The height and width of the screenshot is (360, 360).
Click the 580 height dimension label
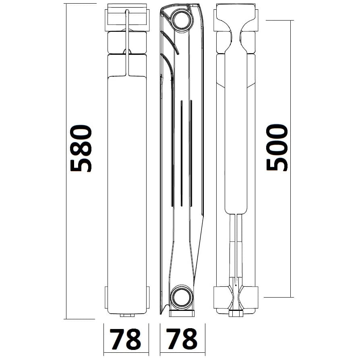click(81, 148)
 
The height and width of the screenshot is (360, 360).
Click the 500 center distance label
click(277, 147)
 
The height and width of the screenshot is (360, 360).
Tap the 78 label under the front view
click(125, 339)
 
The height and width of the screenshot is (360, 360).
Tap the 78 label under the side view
click(182, 339)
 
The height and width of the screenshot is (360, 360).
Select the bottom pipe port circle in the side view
click(182, 298)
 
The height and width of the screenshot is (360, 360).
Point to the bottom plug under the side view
click(182, 313)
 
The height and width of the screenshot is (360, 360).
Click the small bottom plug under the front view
click(127, 315)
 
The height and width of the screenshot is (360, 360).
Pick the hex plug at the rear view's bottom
click(236, 314)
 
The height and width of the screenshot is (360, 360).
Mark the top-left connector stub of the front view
click(106, 20)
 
